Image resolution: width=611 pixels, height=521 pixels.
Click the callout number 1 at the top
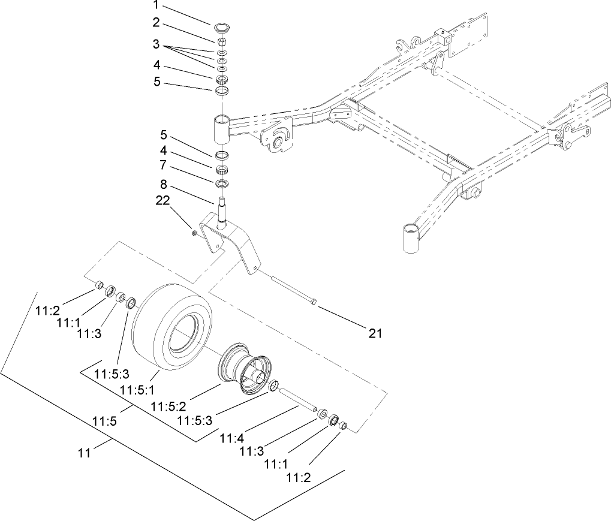point(156,6)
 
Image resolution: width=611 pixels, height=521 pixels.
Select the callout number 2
point(156,23)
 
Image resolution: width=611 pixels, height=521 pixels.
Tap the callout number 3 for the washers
point(156,44)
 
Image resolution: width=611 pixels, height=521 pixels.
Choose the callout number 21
point(375,333)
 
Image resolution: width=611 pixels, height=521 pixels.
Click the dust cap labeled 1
point(222,26)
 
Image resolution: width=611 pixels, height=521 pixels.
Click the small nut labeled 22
point(194,231)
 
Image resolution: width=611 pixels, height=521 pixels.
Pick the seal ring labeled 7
point(222,181)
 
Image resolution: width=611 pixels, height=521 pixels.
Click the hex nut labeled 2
point(221,41)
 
